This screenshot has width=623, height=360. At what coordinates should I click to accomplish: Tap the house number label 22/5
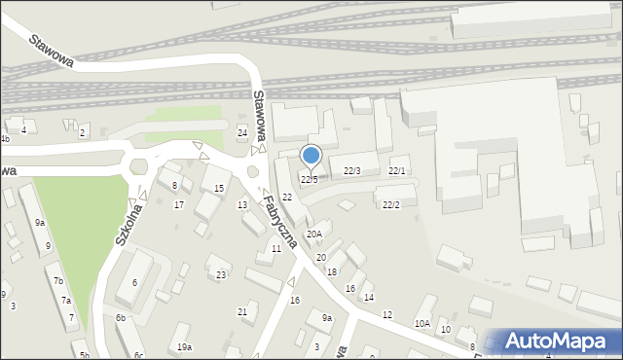click(309, 179)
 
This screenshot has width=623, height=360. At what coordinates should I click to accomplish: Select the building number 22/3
click(352, 171)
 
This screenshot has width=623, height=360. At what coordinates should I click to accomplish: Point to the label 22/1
click(396, 171)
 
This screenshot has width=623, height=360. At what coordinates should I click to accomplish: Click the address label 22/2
click(391, 204)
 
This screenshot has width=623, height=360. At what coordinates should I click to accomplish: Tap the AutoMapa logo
click(555, 341)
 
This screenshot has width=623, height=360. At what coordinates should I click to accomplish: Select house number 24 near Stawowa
click(242, 132)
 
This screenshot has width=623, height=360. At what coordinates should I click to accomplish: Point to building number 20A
click(313, 234)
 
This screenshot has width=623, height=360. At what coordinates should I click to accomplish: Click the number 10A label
click(421, 323)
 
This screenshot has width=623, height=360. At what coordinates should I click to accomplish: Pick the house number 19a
click(184, 347)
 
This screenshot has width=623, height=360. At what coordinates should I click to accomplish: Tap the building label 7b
click(59, 281)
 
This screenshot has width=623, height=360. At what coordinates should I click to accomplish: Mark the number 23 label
click(221, 275)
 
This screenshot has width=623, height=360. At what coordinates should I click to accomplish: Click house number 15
click(219, 188)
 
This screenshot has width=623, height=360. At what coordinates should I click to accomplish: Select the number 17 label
click(178, 205)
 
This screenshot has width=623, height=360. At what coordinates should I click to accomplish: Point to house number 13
click(242, 204)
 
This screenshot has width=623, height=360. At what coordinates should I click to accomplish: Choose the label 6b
click(121, 318)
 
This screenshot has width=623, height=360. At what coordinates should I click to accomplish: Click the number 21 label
click(242, 311)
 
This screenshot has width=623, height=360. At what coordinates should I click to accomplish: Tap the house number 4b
click(5, 139)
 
